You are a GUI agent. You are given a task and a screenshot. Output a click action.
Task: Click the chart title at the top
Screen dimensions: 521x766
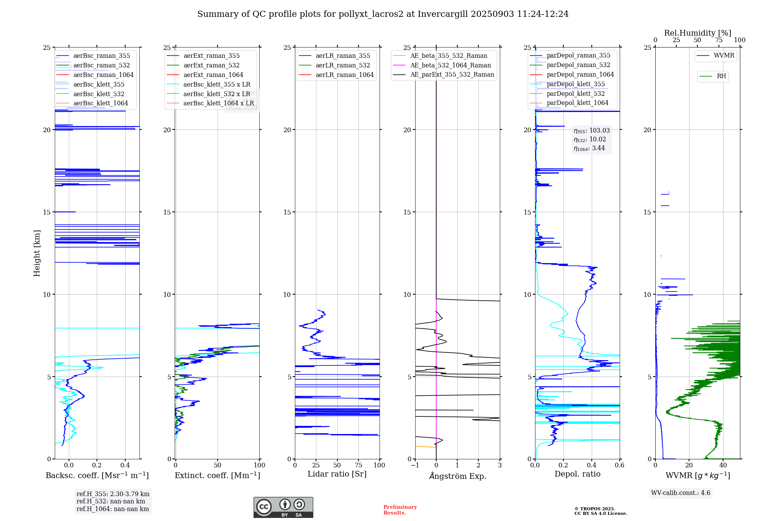[x=383, y=14]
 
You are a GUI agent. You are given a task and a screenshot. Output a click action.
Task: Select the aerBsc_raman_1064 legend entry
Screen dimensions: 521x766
[x=103, y=75]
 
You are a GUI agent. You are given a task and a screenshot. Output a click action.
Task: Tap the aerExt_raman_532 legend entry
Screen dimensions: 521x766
[x=211, y=65]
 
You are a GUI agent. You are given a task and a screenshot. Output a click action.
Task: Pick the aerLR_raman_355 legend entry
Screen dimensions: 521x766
[x=342, y=56]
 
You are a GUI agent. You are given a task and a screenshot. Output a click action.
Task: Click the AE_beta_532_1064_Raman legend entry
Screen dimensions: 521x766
[x=450, y=65]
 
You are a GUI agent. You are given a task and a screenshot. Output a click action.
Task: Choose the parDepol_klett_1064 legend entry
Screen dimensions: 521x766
[x=577, y=103]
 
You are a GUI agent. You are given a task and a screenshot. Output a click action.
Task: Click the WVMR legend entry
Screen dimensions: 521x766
[x=723, y=56]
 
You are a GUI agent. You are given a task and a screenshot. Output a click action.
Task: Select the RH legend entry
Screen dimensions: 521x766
[x=721, y=76]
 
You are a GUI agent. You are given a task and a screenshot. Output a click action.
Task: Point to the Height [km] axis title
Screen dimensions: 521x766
[x=37, y=253]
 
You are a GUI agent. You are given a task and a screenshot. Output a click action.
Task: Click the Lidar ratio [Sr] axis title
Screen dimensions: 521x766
[x=337, y=474]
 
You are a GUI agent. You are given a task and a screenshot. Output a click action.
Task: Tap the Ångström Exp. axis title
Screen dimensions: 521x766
[x=457, y=476]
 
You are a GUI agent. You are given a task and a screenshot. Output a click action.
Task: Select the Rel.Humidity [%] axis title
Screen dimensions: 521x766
[x=697, y=33]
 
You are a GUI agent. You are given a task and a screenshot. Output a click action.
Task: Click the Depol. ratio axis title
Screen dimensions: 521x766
[x=577, y=474]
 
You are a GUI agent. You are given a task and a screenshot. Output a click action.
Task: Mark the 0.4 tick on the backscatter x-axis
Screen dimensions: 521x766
[x=125, y=465]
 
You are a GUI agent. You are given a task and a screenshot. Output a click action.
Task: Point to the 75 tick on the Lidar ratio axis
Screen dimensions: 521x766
[x=358, y=465]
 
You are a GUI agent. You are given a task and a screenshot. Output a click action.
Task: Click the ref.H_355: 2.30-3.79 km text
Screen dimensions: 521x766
[x=113, y=494]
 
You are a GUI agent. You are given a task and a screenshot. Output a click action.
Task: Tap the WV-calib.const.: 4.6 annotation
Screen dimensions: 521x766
[x=680, y=493]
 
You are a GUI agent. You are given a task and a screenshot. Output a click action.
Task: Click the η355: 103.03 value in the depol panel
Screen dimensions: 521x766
[x=591, y=131]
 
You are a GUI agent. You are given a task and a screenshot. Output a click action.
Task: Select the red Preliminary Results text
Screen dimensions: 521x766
[x=400, y=510]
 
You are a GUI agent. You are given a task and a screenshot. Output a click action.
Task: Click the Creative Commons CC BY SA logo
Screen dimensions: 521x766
[x=283, y=508]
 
